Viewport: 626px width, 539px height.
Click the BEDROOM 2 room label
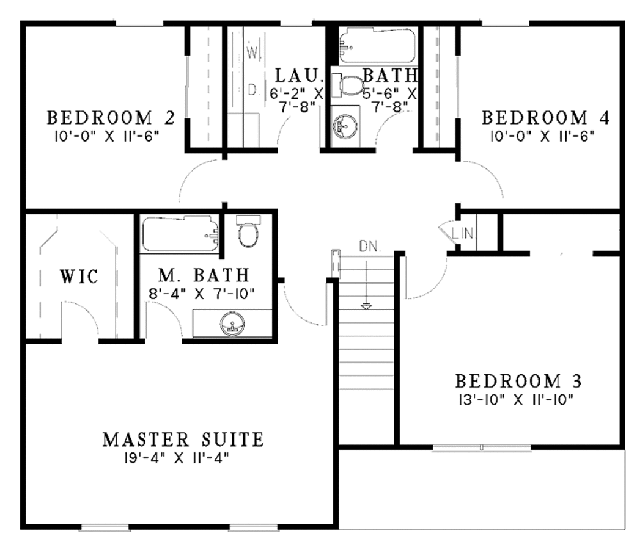click(x=111, y=117)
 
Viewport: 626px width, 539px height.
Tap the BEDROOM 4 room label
click(x=546, y=117)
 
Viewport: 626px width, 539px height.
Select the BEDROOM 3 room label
click(x=518, y=382)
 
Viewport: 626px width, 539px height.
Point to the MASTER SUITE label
click(x=183, y=440)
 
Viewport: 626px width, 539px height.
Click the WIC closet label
click(x=79, y=276)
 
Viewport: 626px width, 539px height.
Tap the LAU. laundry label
click(x=298, y=76)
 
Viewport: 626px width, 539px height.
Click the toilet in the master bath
click(x=248, y=231)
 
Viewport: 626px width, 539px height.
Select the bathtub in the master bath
click(x=180, y=234)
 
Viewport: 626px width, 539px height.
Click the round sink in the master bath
click(x=232, y=323)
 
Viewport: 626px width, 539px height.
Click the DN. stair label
click(x=369, y=247)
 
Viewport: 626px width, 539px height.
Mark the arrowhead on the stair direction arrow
click(x=366, y=305)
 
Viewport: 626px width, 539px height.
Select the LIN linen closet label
click(x=465, y=233)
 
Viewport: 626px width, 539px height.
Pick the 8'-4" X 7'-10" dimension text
click(x=201, y=292)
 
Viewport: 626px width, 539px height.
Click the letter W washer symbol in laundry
click(x=252, y=52)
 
